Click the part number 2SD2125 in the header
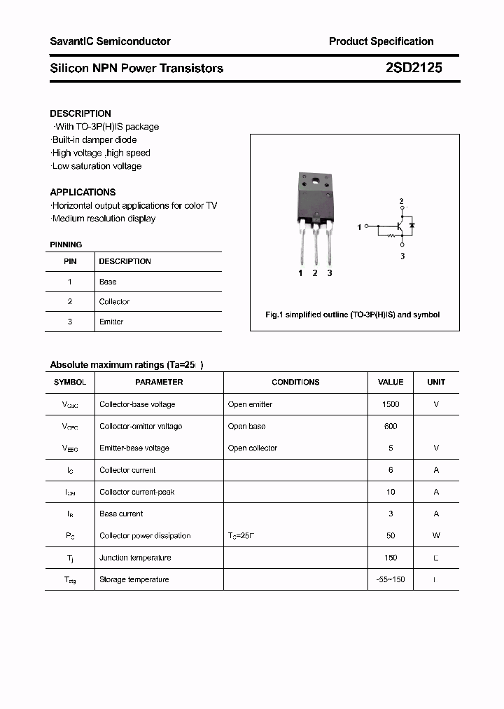coord(414,68)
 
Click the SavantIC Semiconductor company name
coord(110,41)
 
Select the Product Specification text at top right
coord(381,41)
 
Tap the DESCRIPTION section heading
coord(80,113)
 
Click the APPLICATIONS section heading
coord(83,192)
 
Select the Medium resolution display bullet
coord(103,219)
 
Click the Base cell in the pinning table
coord(108,282)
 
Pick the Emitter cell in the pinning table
coord(111,322)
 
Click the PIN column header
coord(70,261)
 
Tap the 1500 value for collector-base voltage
coord(391,404)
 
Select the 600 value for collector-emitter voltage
coord(391,426)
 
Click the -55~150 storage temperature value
coord(391,579)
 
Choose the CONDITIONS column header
coord(295,382)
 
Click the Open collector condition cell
coord(253,448)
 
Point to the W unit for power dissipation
coord(436,535)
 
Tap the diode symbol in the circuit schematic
coord(412,226)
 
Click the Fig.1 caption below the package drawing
coord(353,315)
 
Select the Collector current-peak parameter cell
coord(137,492)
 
